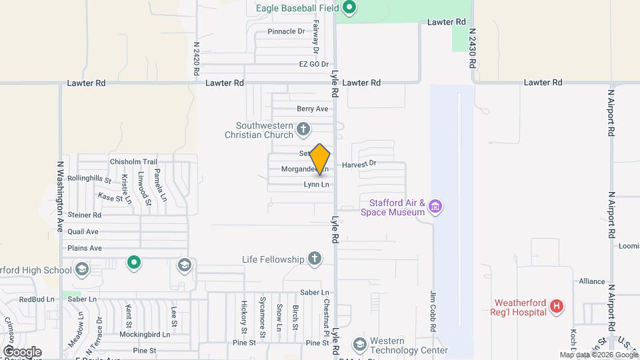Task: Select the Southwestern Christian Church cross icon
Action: [x=303, y=129]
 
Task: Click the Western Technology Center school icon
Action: [x=360, y=344]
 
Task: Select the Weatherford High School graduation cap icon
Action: [x=82, y=269]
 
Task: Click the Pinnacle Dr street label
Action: [x=286, y=31]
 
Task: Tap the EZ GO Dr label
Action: [x=313, y=65]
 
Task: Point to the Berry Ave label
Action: [x=313, y=109]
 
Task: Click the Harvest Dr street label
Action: [x=359, y=163]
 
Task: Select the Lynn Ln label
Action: [x=317, y=185]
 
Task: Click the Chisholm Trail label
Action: [x=133, y=161]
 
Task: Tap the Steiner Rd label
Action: [x=85, y=215]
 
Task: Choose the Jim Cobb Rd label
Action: [x=433, y=311]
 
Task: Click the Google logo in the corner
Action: [x=22, y=351]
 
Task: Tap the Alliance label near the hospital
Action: [x=592, y=281]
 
